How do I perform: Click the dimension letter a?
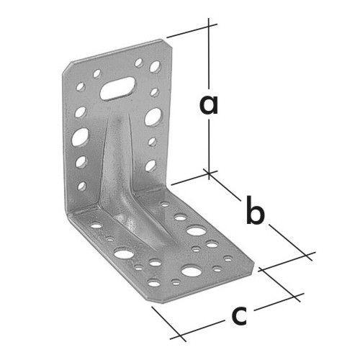[209, 105]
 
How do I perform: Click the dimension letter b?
[256, 210]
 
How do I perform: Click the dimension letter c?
[239, 316]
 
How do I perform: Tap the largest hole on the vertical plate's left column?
[80, 137]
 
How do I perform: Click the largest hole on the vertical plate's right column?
[153, 117]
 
